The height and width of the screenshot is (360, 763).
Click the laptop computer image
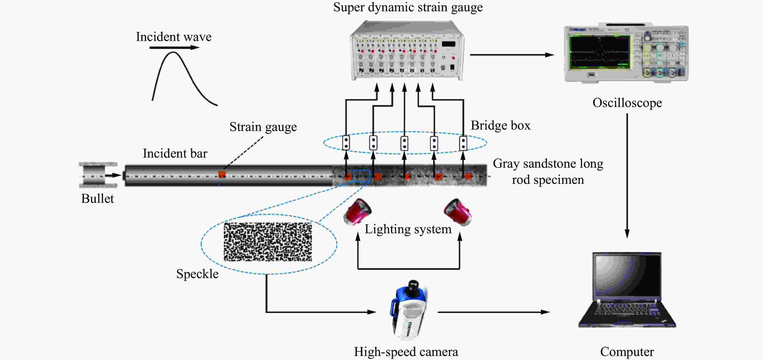627,290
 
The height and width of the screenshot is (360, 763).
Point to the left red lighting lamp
357,211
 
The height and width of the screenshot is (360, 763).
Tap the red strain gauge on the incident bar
222,174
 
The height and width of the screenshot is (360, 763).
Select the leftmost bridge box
346,143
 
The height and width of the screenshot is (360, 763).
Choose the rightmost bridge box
463,143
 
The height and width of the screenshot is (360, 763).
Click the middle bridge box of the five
404,143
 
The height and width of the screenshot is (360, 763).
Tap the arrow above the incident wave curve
174,47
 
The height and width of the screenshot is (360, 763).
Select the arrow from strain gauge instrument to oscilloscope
512,55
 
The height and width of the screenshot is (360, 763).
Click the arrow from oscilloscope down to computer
627,176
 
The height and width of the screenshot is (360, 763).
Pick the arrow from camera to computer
494,312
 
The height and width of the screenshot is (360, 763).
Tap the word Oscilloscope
627,103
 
